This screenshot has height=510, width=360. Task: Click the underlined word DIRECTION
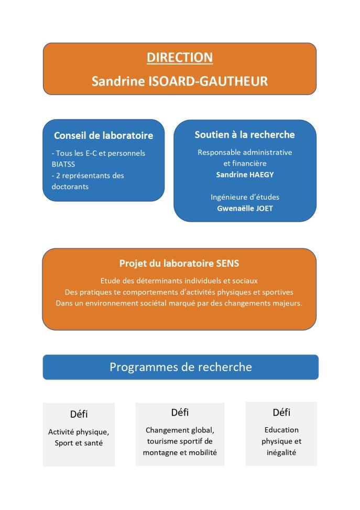(180, 58)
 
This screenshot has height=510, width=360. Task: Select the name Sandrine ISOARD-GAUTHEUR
(180, 81)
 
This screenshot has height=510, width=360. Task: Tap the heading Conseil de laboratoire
(104, 136)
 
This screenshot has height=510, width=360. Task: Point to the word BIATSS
(64, 164)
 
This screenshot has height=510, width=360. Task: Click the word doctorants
(69, 186)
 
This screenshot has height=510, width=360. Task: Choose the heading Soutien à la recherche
(245, 135)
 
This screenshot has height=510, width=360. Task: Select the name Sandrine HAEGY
(245, 175)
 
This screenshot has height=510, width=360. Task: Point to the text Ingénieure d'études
(245, 197)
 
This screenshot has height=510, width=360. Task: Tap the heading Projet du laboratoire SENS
(179, 264)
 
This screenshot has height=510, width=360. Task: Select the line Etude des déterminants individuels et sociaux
(179, 280)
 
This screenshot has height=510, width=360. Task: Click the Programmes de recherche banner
(180, 367)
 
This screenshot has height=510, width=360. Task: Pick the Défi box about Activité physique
(79, 434)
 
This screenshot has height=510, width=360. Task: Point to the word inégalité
(281, 452)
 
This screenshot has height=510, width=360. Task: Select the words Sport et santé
(79, 443)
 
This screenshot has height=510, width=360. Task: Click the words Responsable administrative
(245, 153)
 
